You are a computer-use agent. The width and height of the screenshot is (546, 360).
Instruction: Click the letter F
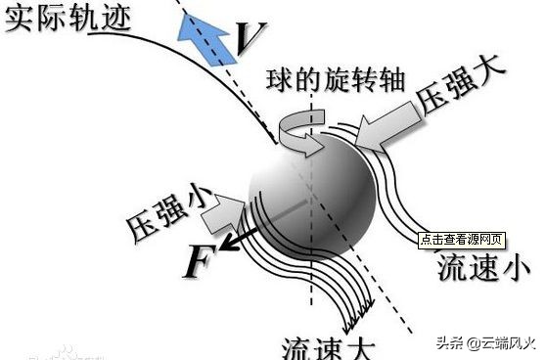click(199, 261)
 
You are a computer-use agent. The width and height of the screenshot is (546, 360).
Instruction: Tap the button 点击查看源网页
click(462, 238)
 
